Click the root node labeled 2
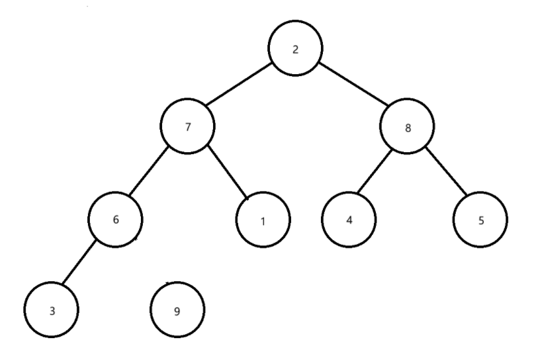point(295,51)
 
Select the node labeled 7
point(189,126)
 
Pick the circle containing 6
point(116,220)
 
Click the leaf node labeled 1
point(263,220)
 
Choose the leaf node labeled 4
point(350,220)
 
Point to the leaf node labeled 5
point(481,220)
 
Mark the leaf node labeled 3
point(52,310)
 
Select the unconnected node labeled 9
point(177,310)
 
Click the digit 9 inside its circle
point(177,310)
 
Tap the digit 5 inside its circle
point(481,221)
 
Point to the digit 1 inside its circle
point(263,221)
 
